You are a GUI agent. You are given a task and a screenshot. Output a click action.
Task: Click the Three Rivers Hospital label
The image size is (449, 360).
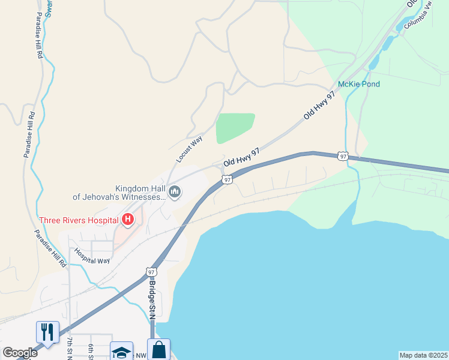(x=79, y=220)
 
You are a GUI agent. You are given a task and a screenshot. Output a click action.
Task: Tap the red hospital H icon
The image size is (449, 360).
(x=127, y=220)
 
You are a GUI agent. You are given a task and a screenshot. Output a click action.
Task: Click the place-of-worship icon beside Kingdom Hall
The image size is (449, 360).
(x=175, y=192)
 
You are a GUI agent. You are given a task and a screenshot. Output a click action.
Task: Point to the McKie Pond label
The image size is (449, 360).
(x=359, y=84)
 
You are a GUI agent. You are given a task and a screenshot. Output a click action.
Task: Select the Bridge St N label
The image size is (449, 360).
(x=152, y=300)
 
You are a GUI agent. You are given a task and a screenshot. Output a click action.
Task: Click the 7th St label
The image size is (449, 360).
(x=70, y=349)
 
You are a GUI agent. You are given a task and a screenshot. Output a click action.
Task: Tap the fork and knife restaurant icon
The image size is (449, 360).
(x=47, y=332)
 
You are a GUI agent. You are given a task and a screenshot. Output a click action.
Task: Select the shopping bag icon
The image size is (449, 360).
(x=158, y=350)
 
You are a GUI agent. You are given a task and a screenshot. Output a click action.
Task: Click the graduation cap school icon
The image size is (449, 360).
(x=122, y=352)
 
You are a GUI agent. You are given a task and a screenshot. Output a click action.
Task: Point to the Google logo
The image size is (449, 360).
(x=20, y=352)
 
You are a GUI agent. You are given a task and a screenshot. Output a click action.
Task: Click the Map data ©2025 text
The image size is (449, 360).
(x=423, y=355)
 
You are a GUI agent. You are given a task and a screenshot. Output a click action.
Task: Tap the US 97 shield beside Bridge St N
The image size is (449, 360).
(x=151, y=272)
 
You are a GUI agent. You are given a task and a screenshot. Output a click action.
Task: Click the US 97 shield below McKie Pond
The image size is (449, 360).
(x=342, y=156)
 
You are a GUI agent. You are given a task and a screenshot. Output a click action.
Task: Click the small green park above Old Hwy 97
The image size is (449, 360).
(x=234, y=128)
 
